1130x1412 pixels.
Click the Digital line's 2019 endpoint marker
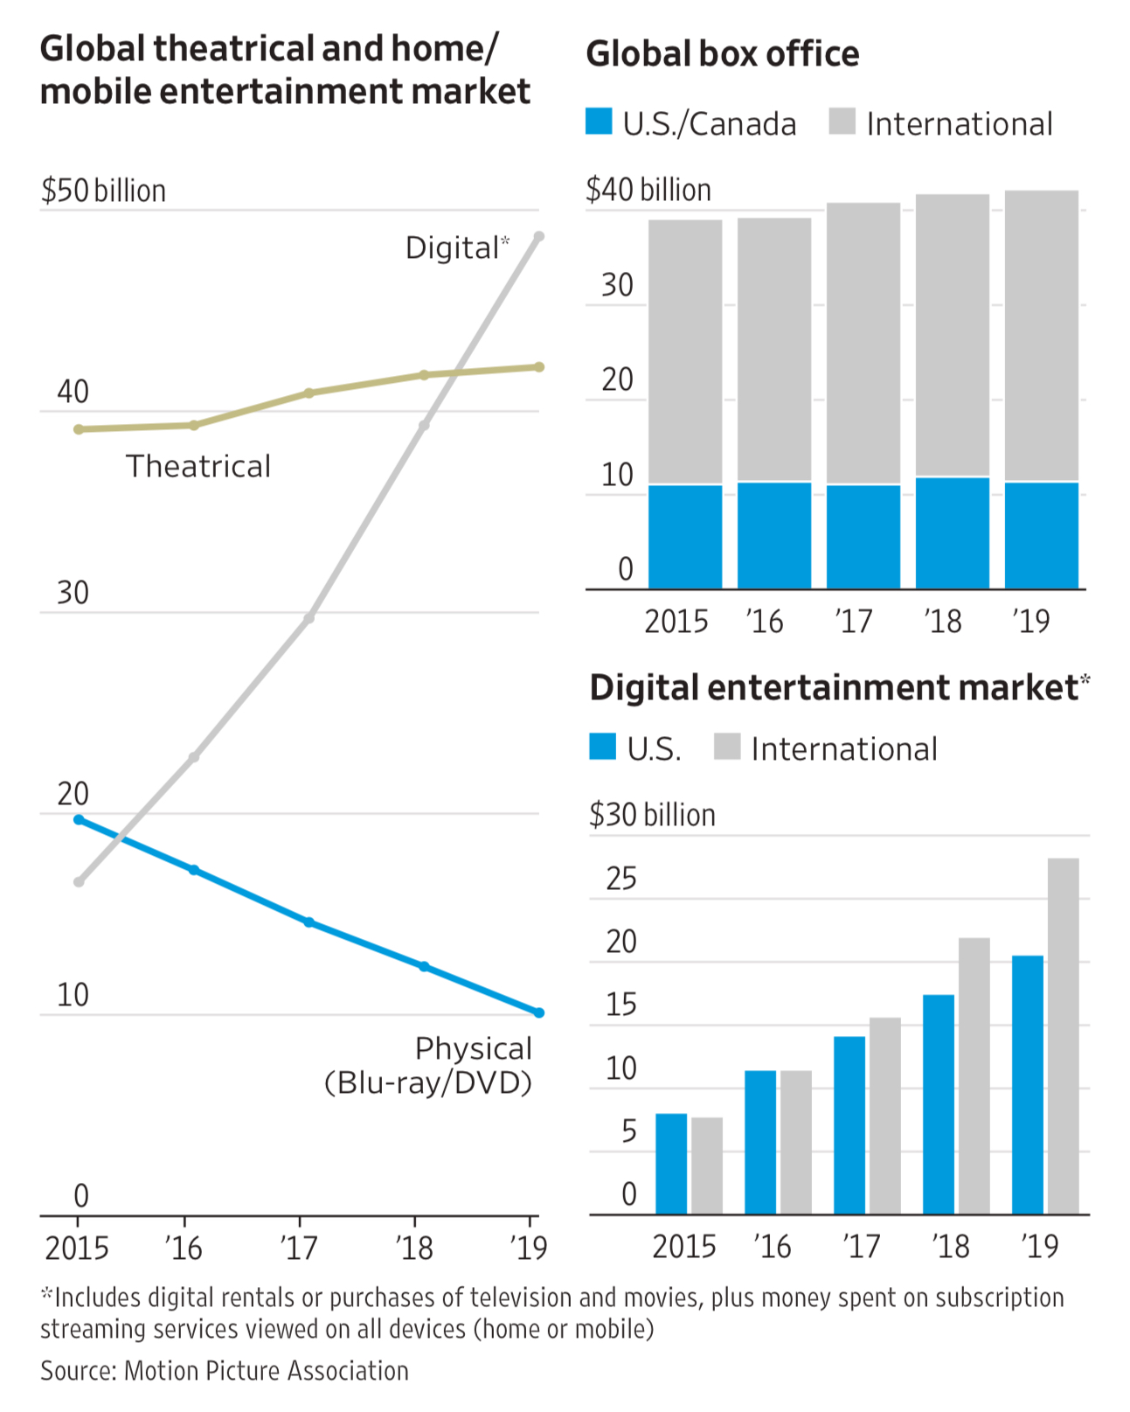click(x=538, y=237)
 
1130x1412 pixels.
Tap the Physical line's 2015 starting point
click(x=79, y=819)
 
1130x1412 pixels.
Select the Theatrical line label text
click(x=198, y=467)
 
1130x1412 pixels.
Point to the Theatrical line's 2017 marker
click(x=308, y=393)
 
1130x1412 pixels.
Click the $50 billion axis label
click(x=103, y=191)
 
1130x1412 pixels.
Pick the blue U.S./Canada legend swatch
click(x=599, y=122)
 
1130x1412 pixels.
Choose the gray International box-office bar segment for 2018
click(x=952, y=335)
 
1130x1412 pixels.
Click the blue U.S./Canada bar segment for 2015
click(x=685, y=536)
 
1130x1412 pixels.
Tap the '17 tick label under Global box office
click(x=853, y=622)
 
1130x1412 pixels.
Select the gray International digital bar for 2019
click(x=1063, y=1036)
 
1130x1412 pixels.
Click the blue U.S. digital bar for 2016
click(x=759, y=1142)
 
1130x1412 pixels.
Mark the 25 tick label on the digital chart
click(x=621, y=879)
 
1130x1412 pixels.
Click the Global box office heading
click(x=722, y=54)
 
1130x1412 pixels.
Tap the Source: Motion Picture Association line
click(x=225, y=1370)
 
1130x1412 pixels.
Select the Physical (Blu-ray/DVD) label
click(x=428, y=1066)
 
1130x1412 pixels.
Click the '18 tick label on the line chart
click(x=414, y=1248)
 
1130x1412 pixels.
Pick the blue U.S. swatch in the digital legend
click(x=602, y=747)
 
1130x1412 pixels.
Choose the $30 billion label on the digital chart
click(x=652, y=815)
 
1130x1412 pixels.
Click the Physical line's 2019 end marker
click(x=538, y=1012)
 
